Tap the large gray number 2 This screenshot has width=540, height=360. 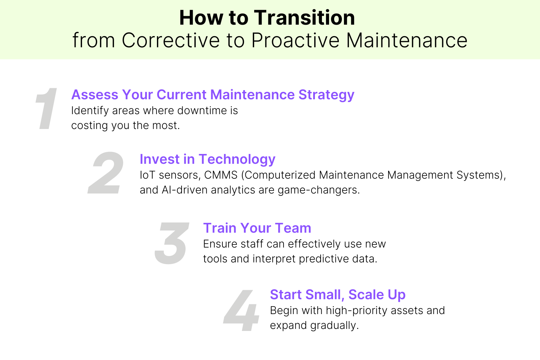tap(106, 173)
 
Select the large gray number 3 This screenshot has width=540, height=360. tap(171, 243)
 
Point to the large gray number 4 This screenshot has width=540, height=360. tap(242, 311)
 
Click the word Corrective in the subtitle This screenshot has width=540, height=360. tap(171, 41)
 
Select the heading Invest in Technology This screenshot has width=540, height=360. tap(207, 159)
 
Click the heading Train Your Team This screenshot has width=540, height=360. tap(257, 228)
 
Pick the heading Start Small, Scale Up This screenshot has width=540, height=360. tap(337, 294)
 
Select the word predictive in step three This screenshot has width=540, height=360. tap(324, 259)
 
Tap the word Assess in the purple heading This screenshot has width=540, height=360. tap(95, 95)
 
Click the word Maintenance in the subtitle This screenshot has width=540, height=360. tap(407, 41)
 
